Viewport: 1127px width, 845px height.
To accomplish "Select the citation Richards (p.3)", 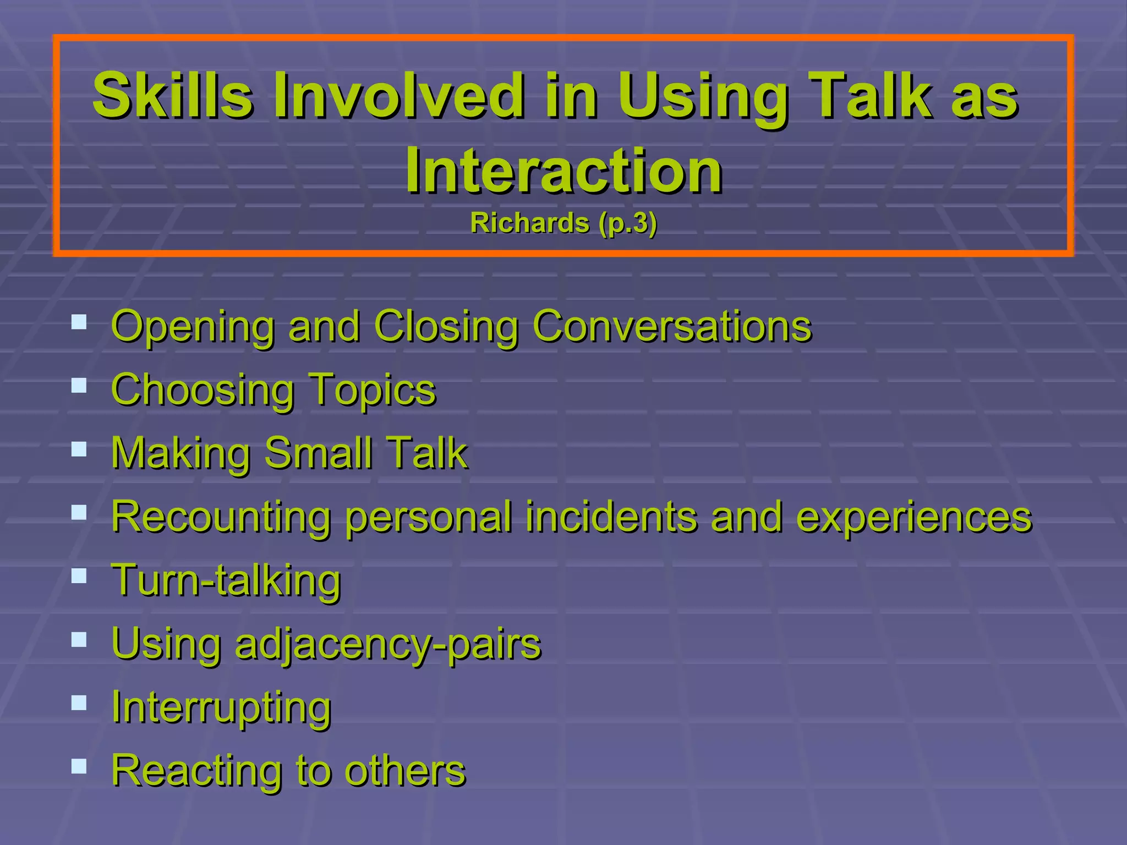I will pyautogui.click(x=563, y=223).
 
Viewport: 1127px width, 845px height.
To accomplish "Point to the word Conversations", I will pyautogui.click(x=672, y=326).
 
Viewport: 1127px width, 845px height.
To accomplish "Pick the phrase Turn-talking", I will pyautogui.click(x=226, y=580).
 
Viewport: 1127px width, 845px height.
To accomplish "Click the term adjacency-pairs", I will pyautogui.click(x=388, y=644).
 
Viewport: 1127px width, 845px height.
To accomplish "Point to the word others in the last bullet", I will pyautogui.click(x=405, y=771).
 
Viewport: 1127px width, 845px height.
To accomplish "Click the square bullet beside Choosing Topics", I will pyautogui.click(x=79, y=385).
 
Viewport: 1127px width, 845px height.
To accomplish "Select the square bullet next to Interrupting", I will pyautogui.click(x=79, y=703).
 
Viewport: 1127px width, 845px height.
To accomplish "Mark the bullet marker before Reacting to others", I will pyautogui.click(x=79, y=766).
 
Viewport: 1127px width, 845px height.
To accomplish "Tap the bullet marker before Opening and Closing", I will pyautogui.click(x=79, y=322).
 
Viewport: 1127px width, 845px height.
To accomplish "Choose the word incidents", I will pyautogui.click(x=611, y=517).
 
